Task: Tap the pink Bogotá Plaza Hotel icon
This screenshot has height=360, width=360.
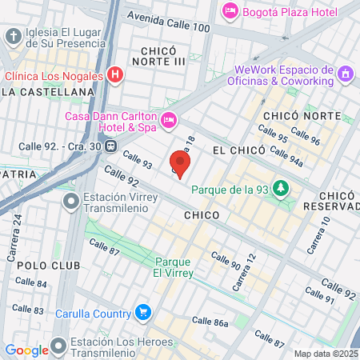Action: (x=230, y=11)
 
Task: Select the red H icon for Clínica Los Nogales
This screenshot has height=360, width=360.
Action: (x=115, y=76)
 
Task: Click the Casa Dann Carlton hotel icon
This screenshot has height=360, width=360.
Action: (x=168, y=120)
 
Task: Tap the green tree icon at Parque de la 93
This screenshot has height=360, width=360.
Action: (x=280, y=188)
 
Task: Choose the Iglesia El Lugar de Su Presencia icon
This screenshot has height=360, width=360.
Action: (x=13, y=37)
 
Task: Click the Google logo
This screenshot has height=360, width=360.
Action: (x=26, y=350)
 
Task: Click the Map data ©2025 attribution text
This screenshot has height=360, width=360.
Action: (x=326, y=354)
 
